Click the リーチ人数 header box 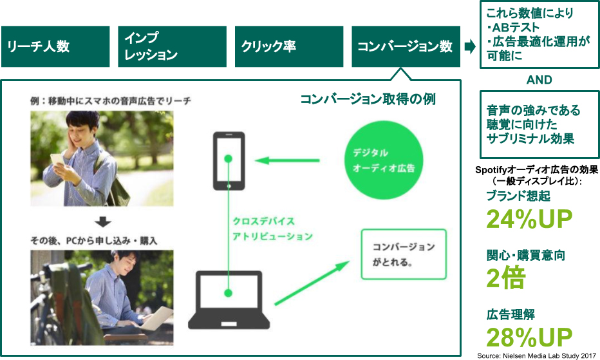click(x=55, y=46)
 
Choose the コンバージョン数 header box click(x=406, y=46)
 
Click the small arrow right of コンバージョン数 click(x=470, y=46)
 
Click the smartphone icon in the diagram click(x=229, y=161)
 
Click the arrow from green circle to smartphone click(x=288, y=160)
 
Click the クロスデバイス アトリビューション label click(x=272, y=229)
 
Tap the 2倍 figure click(x=506, y=278)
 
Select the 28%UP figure click(x=529, y=337)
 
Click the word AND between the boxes click(x=539, y=81)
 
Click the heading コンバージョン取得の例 click(x=368, y=100)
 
